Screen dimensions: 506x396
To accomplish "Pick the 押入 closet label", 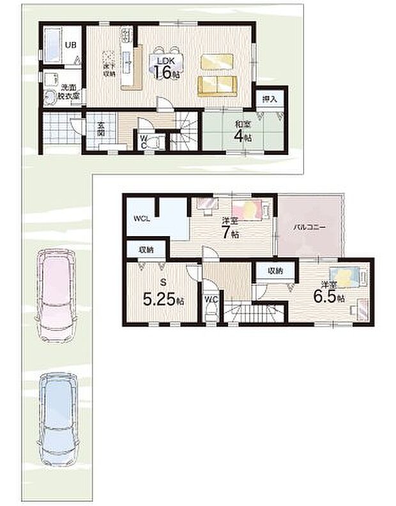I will pyautogui.click(x=270, y=99).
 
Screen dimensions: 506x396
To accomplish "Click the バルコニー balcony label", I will pyautogui.click(x=310, y=228).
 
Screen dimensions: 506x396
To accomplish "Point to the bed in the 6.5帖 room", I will pyautogui.click(x=349, y=278).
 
